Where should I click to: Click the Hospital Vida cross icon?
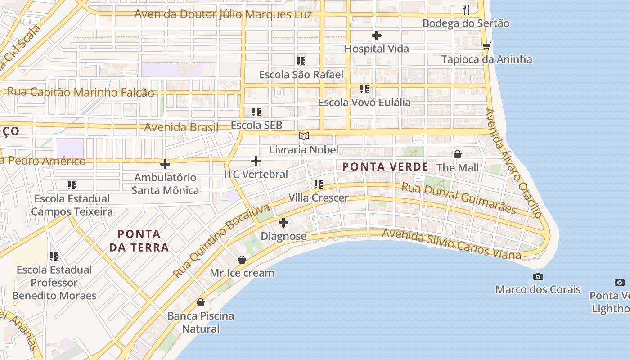[x=377, y=36]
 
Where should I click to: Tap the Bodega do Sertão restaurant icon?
[x=466, y=9]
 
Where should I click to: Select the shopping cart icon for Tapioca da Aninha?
[x=486, y=46]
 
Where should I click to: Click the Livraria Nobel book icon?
[x=304, y=136]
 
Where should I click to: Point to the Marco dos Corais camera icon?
[x=538, y=276]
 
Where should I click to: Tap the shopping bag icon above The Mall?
[x=458, y=154]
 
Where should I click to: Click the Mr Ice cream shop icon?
[x=242, y=260]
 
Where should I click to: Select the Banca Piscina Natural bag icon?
[x=201, y=302]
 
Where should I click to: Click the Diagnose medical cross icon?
[x=283, y=223]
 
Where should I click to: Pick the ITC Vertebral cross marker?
[x=256, y=161]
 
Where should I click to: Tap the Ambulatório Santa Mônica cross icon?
[x=165, y=164]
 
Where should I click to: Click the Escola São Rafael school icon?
[x=301, y=61]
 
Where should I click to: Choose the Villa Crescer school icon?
[x=319, y=184]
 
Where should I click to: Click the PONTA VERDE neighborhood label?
[x=385, y=167]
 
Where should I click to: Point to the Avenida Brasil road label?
[x=181, y=127]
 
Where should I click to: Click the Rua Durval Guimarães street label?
[x=458, y=198]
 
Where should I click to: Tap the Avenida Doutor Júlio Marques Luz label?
[x=223, y=14]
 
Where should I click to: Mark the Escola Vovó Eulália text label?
[x=364, y=103]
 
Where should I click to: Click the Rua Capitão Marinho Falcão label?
[x=81, y=92]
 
